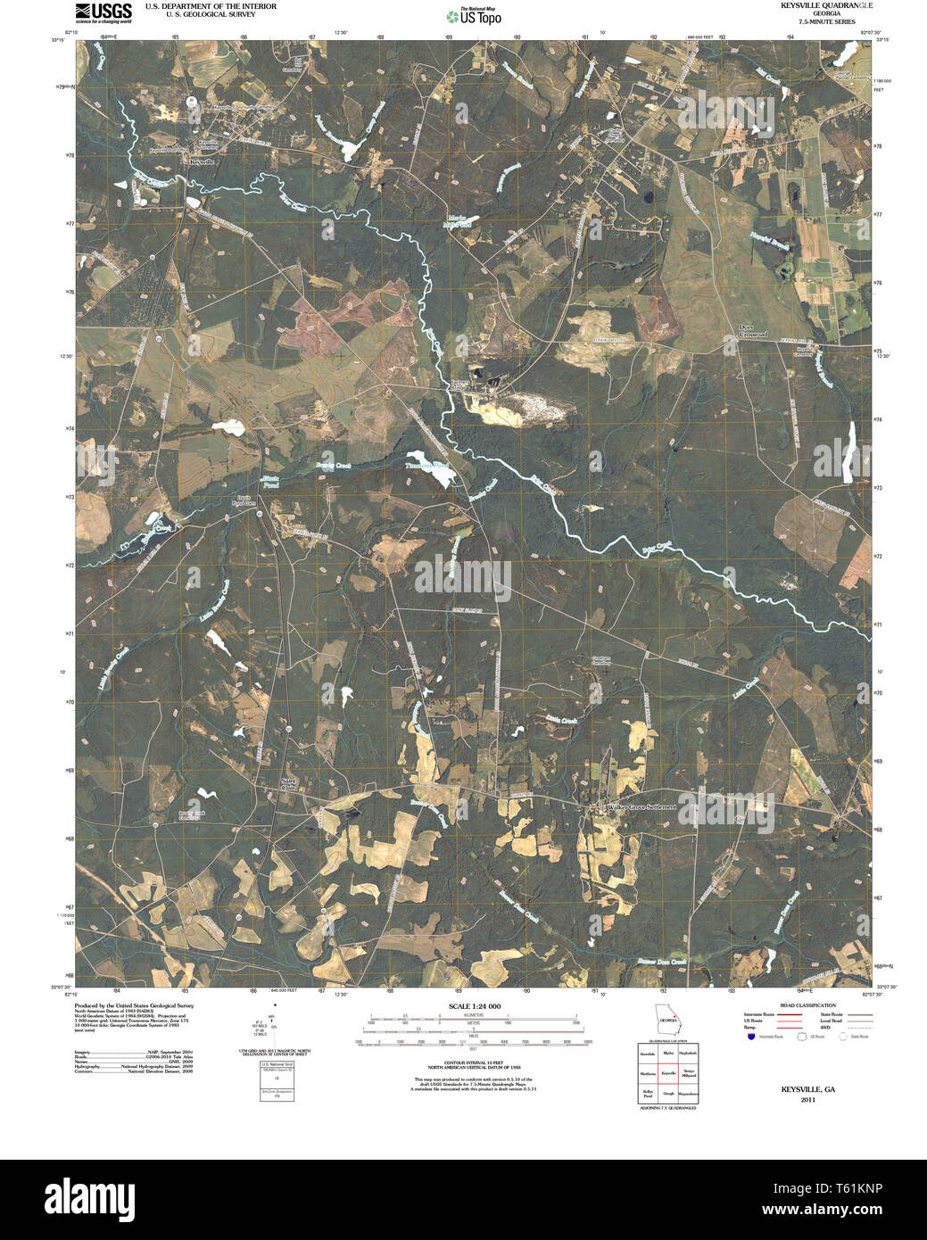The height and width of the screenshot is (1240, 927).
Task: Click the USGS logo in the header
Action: pos(103,12)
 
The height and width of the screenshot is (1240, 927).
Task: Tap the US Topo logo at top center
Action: pos(474,15)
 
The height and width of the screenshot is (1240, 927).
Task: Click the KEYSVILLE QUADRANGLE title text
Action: pos(814,5)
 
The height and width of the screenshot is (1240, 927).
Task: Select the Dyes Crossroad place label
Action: pos(752,331)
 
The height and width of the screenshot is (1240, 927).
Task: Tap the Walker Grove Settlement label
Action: pos(641,806)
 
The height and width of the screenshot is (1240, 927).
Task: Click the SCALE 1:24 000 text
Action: pos(474,1006)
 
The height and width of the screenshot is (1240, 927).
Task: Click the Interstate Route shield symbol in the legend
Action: pos(751,1037)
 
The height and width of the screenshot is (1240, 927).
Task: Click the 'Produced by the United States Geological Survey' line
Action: pos(133,1005)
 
